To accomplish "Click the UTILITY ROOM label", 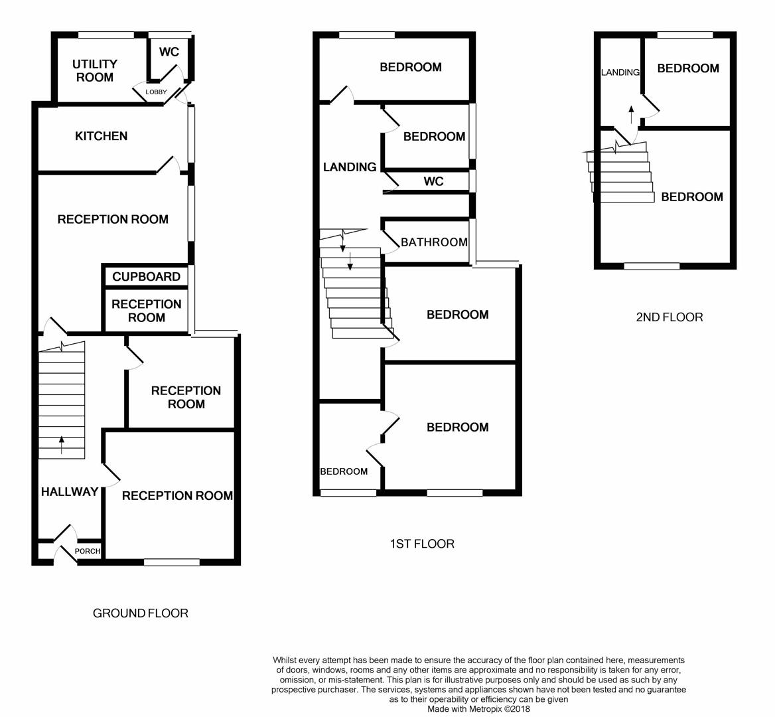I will coord(95,70).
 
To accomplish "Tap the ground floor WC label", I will coord(169,52).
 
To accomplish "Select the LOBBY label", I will coord(156,92).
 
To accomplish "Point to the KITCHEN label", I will coord(101,136).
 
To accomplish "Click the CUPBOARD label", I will coord(146,277).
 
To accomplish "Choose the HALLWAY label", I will coord(70,492).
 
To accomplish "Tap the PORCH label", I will coord(88,551).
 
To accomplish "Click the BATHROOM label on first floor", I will coord(434,242).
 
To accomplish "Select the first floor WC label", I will coord(433,181).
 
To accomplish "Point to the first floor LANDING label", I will coord(350,167).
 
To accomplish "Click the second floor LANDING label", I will coord(620,72).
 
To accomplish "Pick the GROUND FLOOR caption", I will coord(140,613).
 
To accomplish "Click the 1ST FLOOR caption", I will coord(422,544).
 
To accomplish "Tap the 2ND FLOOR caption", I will coord(669,317).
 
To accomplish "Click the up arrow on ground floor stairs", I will coord(62,444).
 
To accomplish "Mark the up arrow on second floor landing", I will coord(631,113).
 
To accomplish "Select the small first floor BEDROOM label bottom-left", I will coord(344,471).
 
